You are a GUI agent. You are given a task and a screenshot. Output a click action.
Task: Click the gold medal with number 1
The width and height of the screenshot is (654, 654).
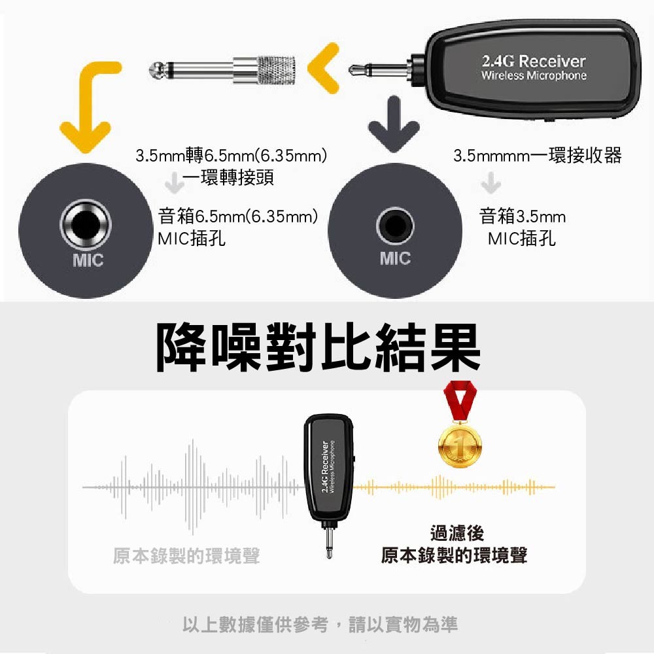tap(460, 445)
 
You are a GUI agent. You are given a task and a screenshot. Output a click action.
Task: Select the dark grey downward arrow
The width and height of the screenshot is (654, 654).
tap(394, 124)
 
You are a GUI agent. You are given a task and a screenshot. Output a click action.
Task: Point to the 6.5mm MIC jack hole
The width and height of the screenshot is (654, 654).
tap(86, 225)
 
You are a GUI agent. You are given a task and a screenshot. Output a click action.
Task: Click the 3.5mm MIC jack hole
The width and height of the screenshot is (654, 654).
tap(394, 226)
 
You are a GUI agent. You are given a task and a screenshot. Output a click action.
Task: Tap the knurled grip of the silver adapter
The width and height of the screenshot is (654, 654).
tap(276, 69)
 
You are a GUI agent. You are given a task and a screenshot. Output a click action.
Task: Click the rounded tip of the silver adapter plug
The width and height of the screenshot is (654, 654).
tap(156, 70)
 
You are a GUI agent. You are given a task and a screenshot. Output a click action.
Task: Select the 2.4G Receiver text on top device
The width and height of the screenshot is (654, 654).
tap(534, 61)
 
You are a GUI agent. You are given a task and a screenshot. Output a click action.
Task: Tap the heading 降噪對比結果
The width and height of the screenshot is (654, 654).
tap(318, 347)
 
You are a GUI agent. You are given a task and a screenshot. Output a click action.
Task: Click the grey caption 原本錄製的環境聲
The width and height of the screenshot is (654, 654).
tap(186, 555)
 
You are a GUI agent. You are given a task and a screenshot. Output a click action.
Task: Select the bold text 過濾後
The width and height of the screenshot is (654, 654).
tap(457, 533)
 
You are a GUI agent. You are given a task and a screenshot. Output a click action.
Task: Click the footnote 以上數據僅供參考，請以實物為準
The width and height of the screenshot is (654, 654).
tap(320, 625)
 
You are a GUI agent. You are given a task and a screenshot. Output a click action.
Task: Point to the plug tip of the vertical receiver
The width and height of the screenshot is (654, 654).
tap(329, 553)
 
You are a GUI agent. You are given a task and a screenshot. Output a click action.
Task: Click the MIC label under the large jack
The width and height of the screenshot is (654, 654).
tap(88, 260)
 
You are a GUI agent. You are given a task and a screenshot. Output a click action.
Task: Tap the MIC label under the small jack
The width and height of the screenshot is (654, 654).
tap(395, 258)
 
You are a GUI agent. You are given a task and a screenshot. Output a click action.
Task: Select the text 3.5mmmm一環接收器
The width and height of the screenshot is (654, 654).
tap(537, 156)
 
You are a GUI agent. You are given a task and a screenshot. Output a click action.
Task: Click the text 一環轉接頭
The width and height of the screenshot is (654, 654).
tap(228, 178)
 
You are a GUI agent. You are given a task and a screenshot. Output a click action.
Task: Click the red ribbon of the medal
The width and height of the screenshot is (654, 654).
tap(460, 402)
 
